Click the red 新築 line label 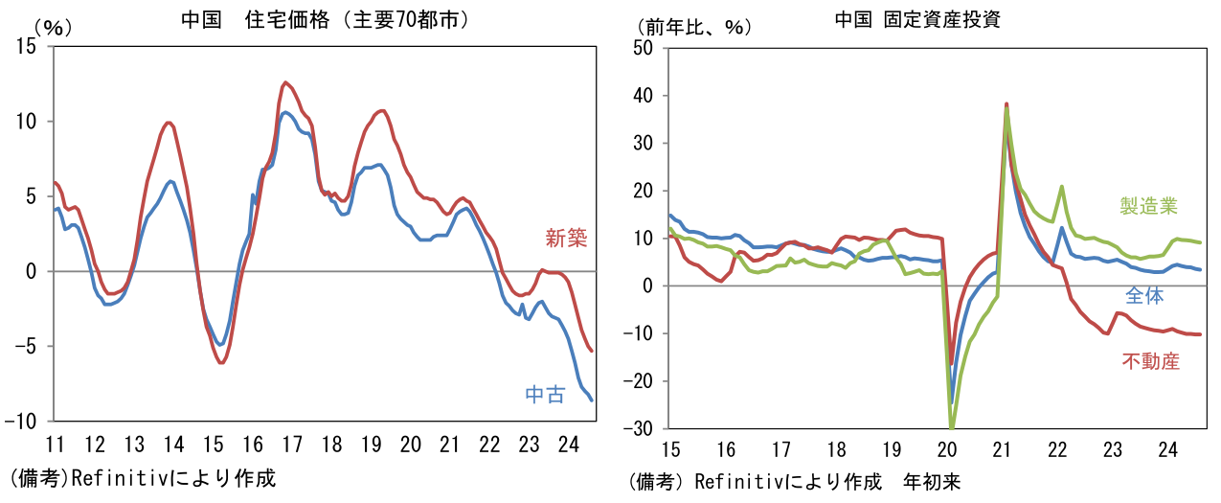(565, 239)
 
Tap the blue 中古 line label (545, 394)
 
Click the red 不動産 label (1150, 361)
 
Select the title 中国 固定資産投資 (917, 20)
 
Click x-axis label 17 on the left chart (292, 445)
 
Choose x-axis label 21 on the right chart (1003, 449)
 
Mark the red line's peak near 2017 (285, 82)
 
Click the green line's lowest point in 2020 (952, 427)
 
